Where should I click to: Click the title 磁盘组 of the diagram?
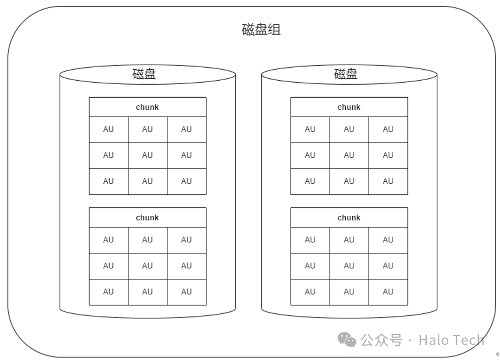pos(261,30)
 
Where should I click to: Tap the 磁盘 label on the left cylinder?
pos(144,74)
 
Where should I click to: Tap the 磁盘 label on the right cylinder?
pos(346,74)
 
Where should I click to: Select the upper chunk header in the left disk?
pos(147,107)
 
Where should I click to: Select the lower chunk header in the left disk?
pos(147,218)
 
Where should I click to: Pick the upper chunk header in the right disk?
pos(349,107)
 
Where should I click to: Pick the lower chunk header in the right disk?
pos(349,218)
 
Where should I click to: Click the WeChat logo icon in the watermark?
pos(347,340)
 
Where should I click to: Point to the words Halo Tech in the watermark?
pos(451,340)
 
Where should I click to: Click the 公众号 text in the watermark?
pos(382,340)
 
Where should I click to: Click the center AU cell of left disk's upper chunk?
pos(147,155)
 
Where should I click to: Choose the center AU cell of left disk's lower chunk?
pos(147,266)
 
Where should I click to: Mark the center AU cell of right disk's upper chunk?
pos(349,155)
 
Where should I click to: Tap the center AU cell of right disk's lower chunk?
pos(349,266)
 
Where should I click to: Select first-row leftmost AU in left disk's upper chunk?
pos(108,129)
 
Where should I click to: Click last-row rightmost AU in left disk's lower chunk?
pos(186,292)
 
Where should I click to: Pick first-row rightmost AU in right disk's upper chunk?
pos(388,129)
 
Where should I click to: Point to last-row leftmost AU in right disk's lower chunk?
pos(310,292)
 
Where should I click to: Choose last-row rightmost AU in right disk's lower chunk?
pos(388,292)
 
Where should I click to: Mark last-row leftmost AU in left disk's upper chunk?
pos(108,181)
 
